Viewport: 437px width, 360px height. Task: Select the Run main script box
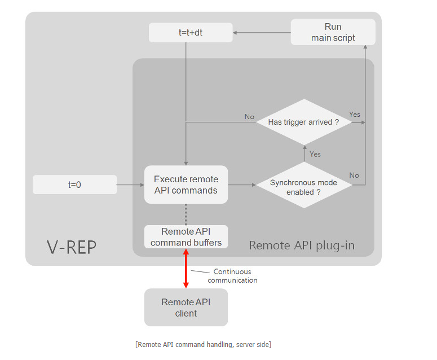pyautogui.click(x=333, y=32)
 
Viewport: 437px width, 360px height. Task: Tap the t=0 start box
pyautogui.click(x=74, y=185)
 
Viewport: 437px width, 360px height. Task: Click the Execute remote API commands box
pyautogui.click(x=186, y=185)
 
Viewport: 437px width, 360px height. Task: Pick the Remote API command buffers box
pyautogui.click(x=186, y=237)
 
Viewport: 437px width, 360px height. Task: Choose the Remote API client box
pyautogui.click(x=186, y=308)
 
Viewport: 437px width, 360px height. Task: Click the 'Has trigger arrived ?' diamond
pyautogui.click(x=304, y=122)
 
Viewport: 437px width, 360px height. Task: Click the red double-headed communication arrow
pyautogui.click(x=186, y=268)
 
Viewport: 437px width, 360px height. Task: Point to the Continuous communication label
pyautogui.click(x=232, y=276)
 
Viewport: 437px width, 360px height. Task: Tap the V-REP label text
pyautogui.click(x=71, y=247)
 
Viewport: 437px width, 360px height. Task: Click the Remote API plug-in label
pyautogui.click(x=302, y=245)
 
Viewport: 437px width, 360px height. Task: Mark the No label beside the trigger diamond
pyautogui.click(x=249, y=117)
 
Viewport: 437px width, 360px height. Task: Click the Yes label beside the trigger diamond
pyautogui.click(x=355, y=115)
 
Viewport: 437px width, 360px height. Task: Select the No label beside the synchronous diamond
pyautogui.click(x=354, y=175)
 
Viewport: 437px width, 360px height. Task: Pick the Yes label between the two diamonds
pyautogui.click(x=315, y=154)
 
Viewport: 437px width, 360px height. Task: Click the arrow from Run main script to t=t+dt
pyautogui.click(x=262, y=33)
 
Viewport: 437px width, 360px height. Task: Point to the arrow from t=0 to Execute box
pyautogui.click(x=131, y=185)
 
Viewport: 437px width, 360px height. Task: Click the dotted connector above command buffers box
pyautogui.click(x=186, y=214)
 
